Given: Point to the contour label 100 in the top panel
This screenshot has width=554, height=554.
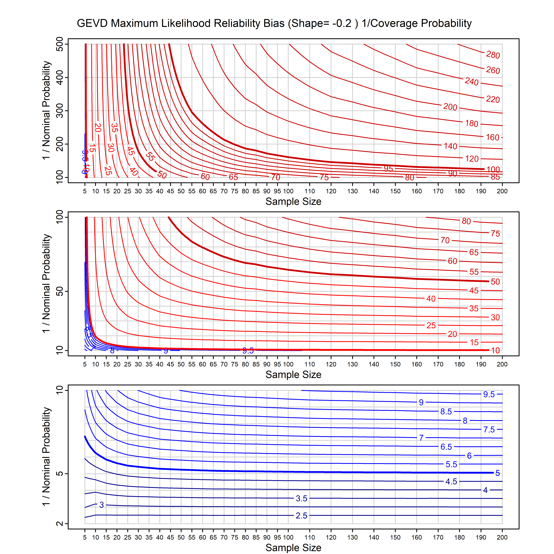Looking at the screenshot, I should pyautogui.click(x=493, y=169).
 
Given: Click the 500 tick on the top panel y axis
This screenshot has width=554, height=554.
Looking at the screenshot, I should pyautogui.click(x=60, y=44).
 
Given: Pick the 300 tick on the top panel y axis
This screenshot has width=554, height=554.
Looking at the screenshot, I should pyautogui.click(x=60, y=111).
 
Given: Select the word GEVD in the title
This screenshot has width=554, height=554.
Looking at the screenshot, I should pyautogui.click(x=92, y=23).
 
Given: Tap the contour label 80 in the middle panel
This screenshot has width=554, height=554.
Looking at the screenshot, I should pyautogui.click(x=466, y=221).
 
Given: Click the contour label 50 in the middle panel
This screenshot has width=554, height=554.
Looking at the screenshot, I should pyautogui.click(x=495, y=282).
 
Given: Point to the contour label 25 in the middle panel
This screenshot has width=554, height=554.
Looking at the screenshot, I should pyautogui.click(x=431, y=325).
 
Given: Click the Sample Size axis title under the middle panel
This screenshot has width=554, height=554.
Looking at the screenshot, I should pyautogui.click(x=293, y=375).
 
